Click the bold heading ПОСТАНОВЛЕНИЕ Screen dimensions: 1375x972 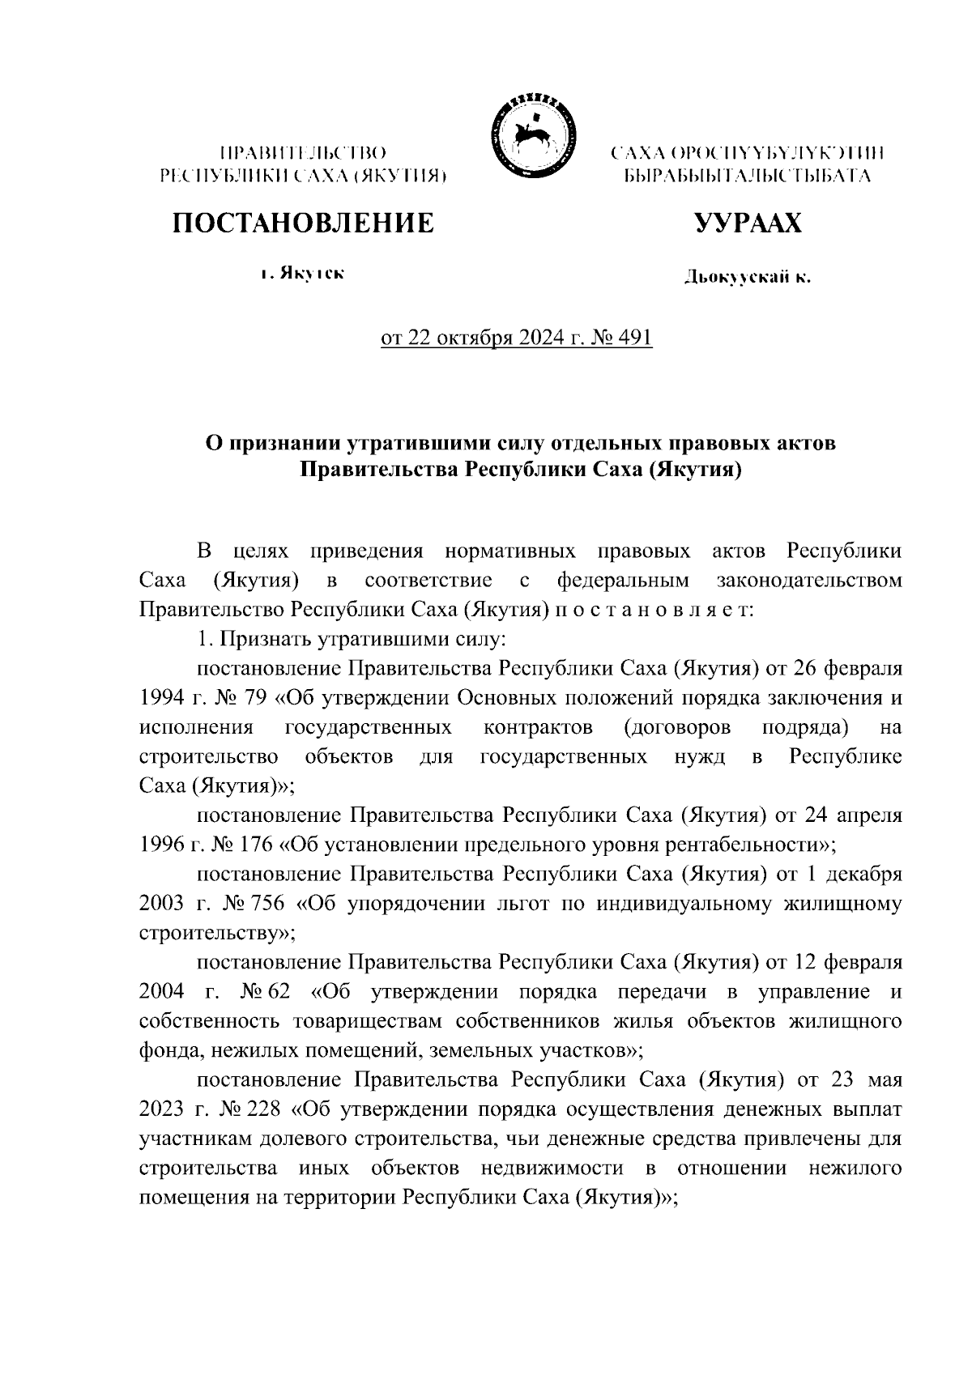click(302, 223)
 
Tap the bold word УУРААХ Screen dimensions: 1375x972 click(748, 223)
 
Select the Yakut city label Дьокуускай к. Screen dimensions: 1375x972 click(747, 279)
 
